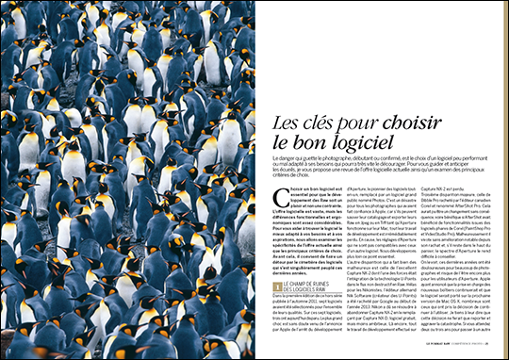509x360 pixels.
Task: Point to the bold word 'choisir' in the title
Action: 419,122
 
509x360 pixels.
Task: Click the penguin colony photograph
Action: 127,179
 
